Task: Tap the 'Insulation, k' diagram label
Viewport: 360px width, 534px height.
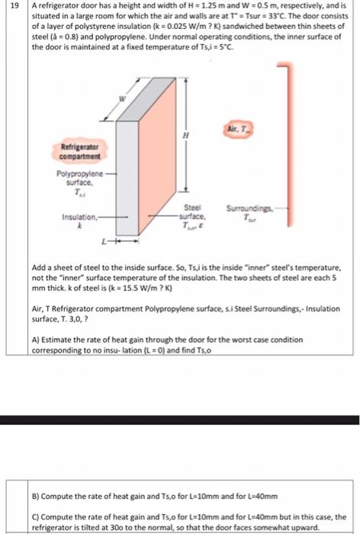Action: click(x=79, y=220)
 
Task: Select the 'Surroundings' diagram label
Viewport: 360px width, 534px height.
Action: click(x=247, y=208)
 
